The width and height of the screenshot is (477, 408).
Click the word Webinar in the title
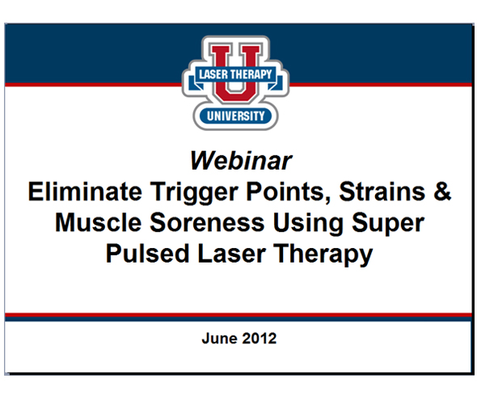click(240, 160)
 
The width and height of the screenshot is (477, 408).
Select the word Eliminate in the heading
click(78, 192)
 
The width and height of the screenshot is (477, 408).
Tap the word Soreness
click(209, 223)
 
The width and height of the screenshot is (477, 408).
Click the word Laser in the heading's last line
click(228, 254)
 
